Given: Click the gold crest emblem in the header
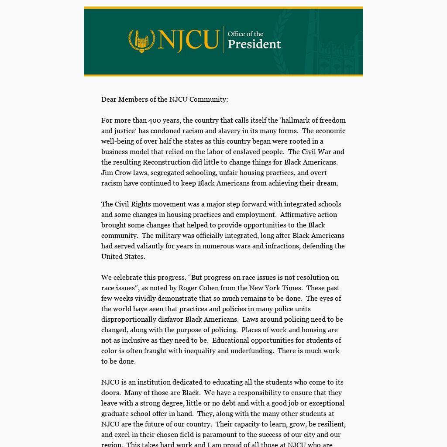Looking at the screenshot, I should click(x=141, y=41).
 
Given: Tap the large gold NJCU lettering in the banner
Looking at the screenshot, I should click(x=188, y=40).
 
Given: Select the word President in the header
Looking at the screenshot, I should click(x=254, y=44).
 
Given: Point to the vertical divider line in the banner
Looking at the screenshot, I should click(x=223, y=40).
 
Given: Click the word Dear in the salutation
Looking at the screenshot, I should click(x=109, y=100).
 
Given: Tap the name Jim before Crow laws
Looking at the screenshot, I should click(x=107, y=173).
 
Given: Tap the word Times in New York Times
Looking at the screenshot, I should click(x=294, y=288).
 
